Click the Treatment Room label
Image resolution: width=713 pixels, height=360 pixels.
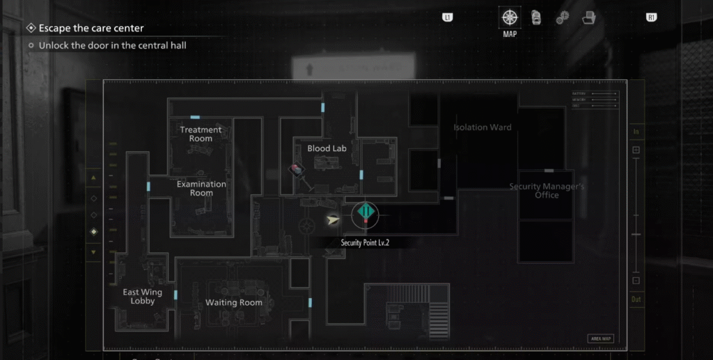click(x=201, y=134)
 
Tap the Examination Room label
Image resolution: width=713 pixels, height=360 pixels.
click(x=201, y=188)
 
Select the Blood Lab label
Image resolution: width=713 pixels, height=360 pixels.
click(x=327, y=148)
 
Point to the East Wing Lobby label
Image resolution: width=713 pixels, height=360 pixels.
click(x=142, y=297)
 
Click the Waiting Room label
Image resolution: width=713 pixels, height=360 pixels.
click(x=233, y=303)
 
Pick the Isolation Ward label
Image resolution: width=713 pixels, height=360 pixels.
click(x=482, y=127)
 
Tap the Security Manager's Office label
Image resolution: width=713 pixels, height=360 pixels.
click(x=547, y=191)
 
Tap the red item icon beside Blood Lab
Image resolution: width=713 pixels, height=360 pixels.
click(x=296, y=169)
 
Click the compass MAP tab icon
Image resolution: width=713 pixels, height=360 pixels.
click(x=510, y=17)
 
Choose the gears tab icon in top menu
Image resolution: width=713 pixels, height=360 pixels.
click(x=562, y=18)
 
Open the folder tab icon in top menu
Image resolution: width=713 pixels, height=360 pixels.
click(x=589, y=18)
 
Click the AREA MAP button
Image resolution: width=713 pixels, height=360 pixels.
click(x=600, y=338)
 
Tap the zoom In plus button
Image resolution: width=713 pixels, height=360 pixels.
click(x=636, y=150)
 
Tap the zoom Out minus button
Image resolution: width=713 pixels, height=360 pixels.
click(x=636, y=281)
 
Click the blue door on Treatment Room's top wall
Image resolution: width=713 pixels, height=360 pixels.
click(x=195, y=118)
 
